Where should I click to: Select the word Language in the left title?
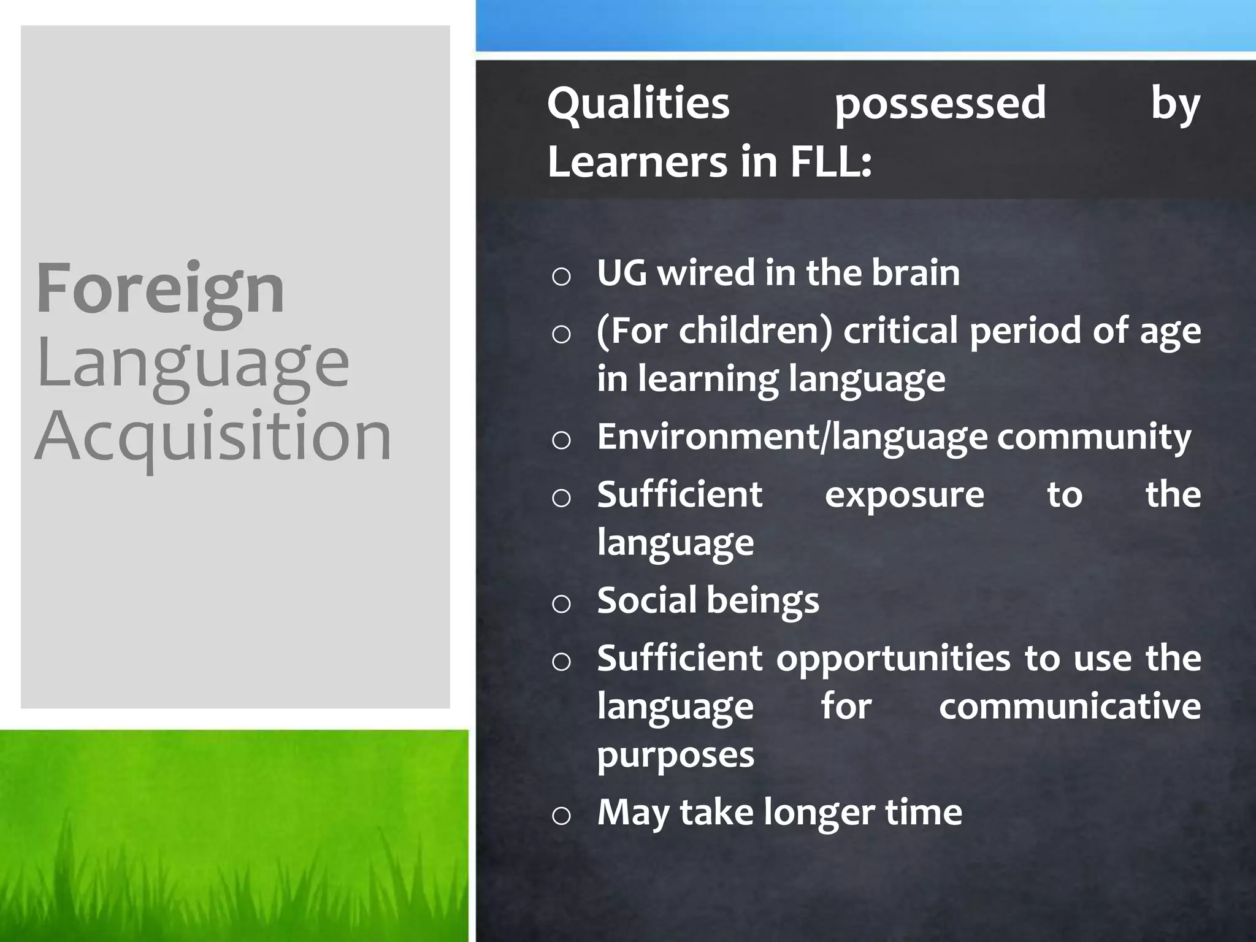(x=193, y=364)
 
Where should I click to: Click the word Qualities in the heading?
(x=638, y=104)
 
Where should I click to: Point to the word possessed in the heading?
(x=940, y=104)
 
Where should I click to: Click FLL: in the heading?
(x=831, y=162)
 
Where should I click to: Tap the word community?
(x=1093, y=437)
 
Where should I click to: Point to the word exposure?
(x=904, y=495)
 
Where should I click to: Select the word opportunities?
(x=893, y=659)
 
